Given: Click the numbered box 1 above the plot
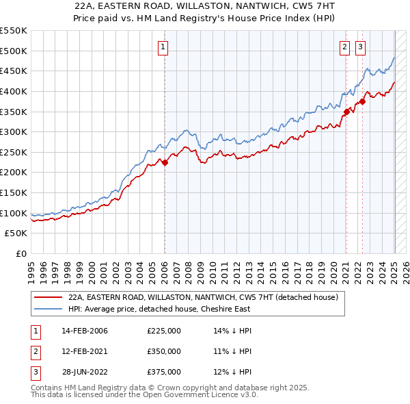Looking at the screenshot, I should click(164, 47).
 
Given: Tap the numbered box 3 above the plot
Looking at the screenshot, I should click(360, 47).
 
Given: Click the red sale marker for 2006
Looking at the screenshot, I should click(165, 162).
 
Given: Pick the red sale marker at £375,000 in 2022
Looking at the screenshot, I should click(362, 101).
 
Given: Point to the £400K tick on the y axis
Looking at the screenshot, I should click(13, 91).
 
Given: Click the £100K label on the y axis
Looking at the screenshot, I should click(13, 213).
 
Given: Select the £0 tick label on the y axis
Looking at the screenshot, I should click(20, 254).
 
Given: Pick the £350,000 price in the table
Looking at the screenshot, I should click(164, 351).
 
